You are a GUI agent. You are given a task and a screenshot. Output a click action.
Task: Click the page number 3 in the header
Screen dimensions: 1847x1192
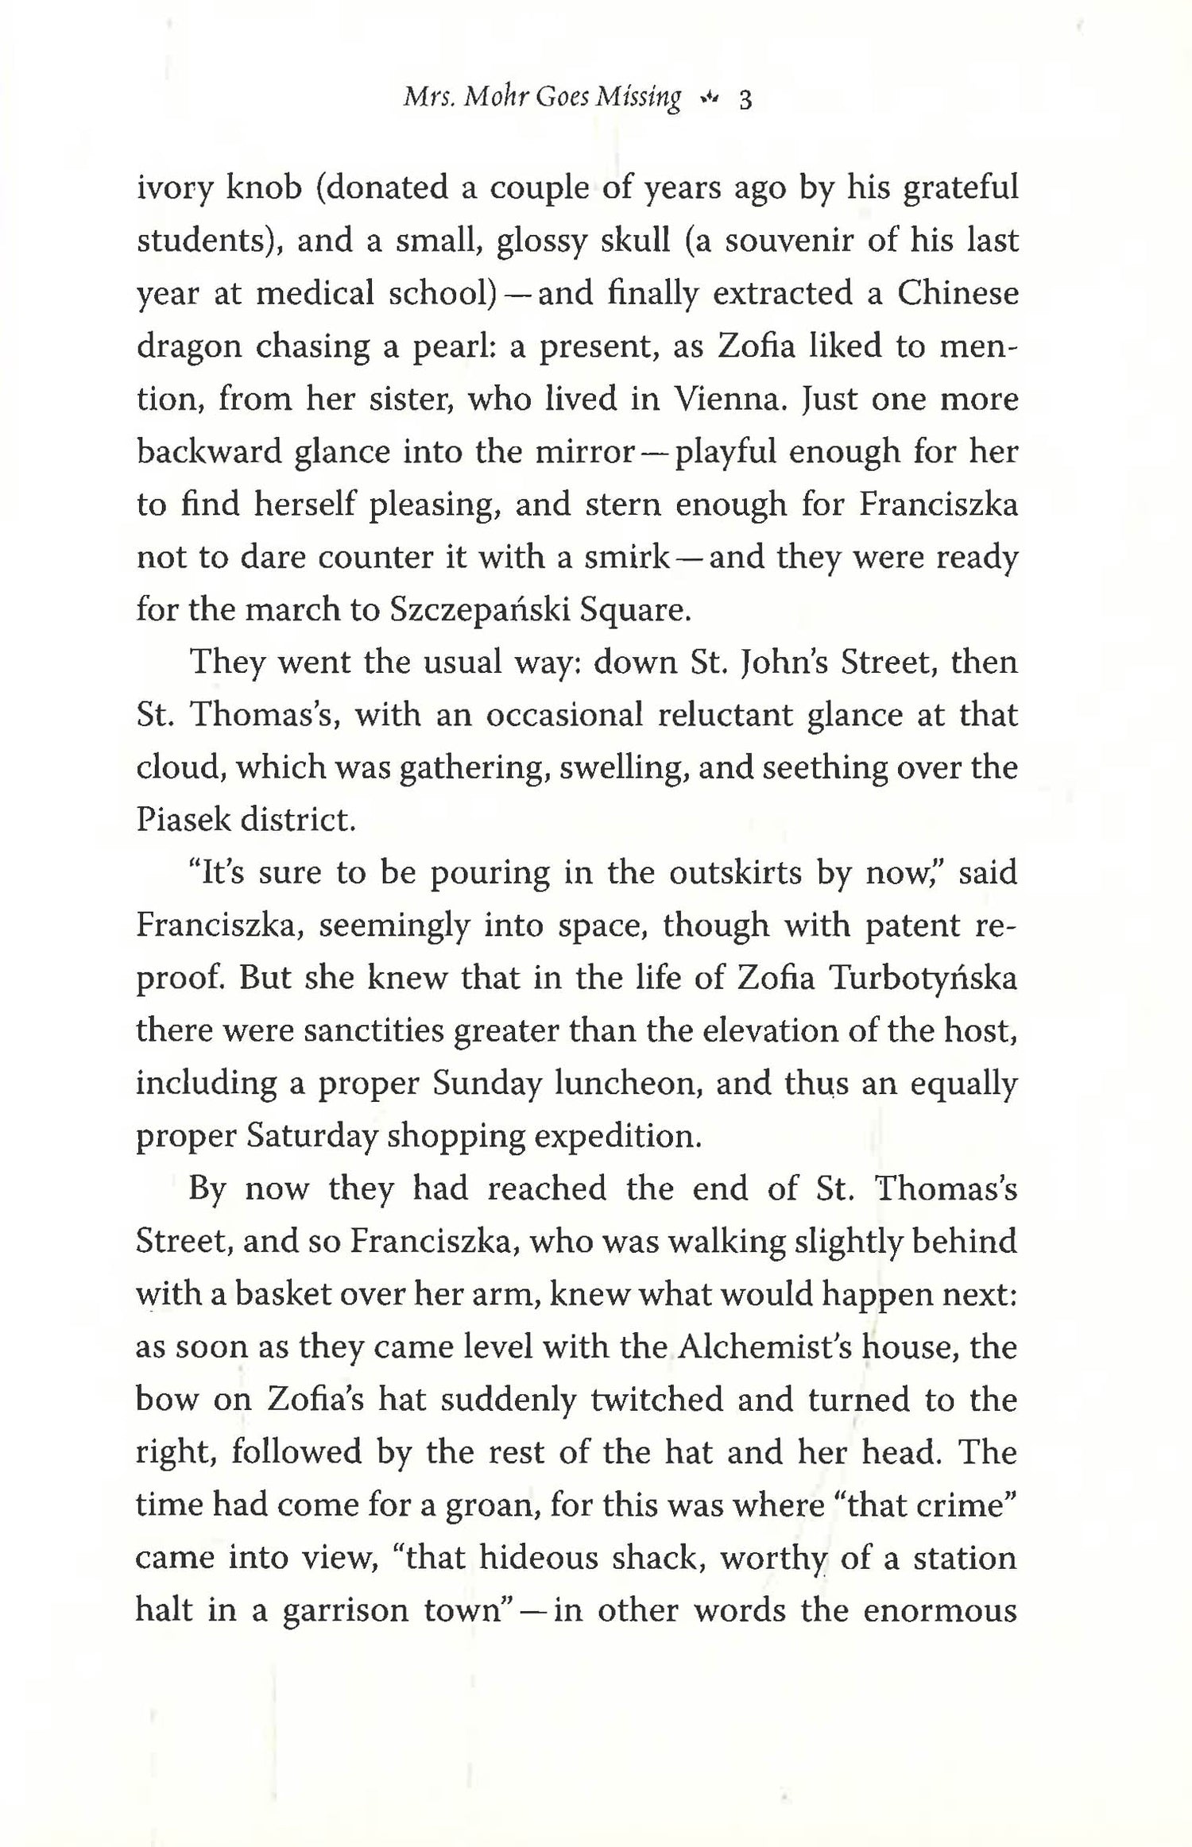pyautogui.click(x=745, y=99)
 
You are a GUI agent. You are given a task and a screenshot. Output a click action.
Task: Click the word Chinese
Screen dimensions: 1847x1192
pyautogui.click(x=958, y=293)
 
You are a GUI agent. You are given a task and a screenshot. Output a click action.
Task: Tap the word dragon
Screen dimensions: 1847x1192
pyautogui.click(x=189, y=347)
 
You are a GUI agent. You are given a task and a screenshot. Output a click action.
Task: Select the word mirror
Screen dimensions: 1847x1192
pyautogui.click(x=584, y=451)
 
